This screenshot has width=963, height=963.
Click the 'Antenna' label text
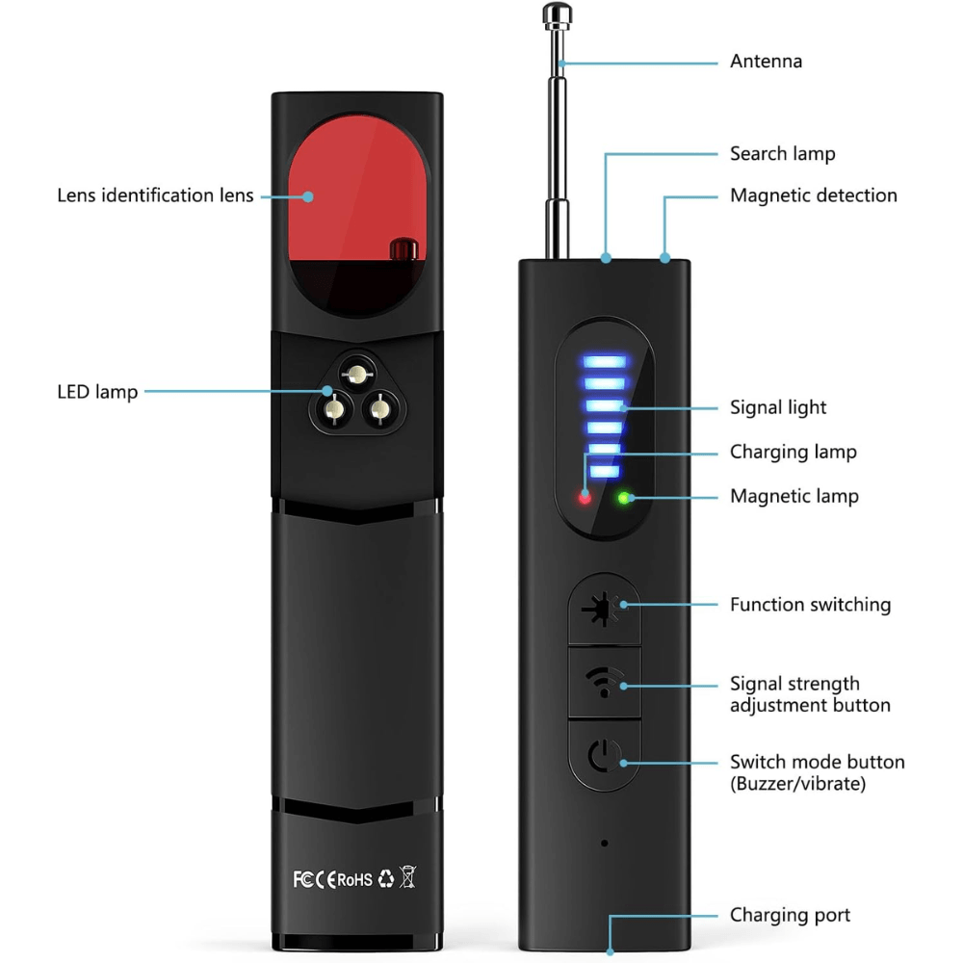[x=766, y=62]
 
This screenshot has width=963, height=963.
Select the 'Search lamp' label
[x=782, y=154]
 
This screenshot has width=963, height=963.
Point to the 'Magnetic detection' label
[x=813, y=195]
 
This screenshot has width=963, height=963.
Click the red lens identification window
[x=357, y=193]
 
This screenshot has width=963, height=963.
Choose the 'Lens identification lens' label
[x=155, y=195]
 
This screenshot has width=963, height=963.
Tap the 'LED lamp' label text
[x=97, y=392]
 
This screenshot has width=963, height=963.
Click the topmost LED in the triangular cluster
[x=357, y=373]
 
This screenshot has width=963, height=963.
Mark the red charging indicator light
[x=584, y=498]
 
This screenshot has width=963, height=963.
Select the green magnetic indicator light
[x=624, y=498]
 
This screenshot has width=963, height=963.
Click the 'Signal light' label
[x=778, y=407]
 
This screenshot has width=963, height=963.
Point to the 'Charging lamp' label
[x=793, y=452]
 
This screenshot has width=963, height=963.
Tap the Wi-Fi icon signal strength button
[x=605, y=683]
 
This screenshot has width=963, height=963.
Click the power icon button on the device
[x=605, y=758]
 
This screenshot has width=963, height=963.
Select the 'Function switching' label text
[x=810, y=605]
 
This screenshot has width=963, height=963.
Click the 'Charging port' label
[x=790, y=915]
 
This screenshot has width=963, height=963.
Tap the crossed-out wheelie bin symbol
[x=407, y=877]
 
